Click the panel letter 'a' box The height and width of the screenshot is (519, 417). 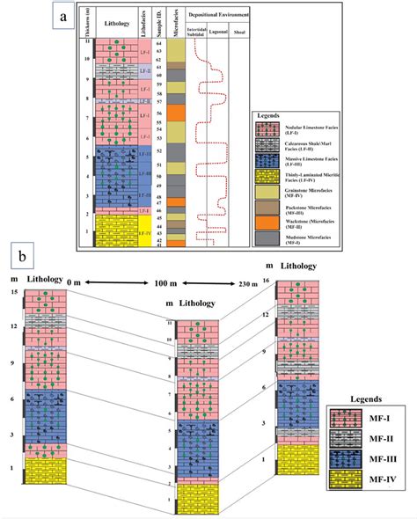(60, 18)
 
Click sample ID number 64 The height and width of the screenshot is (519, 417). (158, 43)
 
